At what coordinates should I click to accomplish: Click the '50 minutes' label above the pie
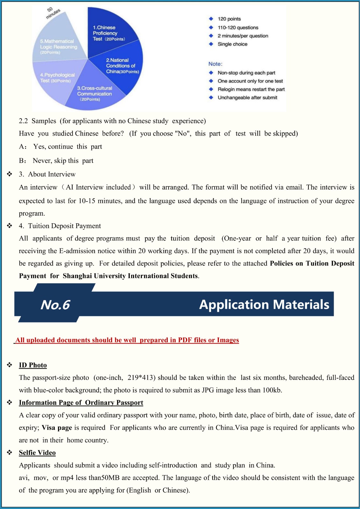53,12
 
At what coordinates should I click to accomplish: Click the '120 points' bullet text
229,19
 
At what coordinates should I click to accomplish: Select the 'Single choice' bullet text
232,44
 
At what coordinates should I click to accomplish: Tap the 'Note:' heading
215,64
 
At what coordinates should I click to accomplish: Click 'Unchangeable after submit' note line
247,98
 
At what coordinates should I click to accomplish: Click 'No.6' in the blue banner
55,305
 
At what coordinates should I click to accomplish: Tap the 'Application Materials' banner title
264,305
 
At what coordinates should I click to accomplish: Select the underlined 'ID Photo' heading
33,365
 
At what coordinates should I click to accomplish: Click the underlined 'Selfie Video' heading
37,453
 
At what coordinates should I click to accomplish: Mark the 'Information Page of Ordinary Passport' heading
81,403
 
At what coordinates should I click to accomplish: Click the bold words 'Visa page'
57,428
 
